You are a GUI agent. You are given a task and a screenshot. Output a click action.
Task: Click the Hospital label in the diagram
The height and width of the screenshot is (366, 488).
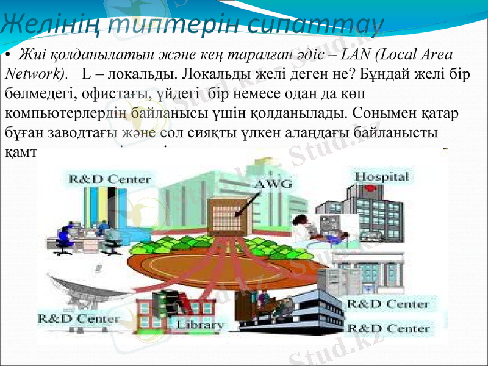(381, 177)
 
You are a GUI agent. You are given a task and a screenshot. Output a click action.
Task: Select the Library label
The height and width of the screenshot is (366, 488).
(199, 325)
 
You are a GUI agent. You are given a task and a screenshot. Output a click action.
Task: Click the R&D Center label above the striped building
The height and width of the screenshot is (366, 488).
(110, 179)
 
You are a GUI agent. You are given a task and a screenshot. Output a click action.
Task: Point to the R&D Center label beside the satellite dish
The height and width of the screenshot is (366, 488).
(79, 319)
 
